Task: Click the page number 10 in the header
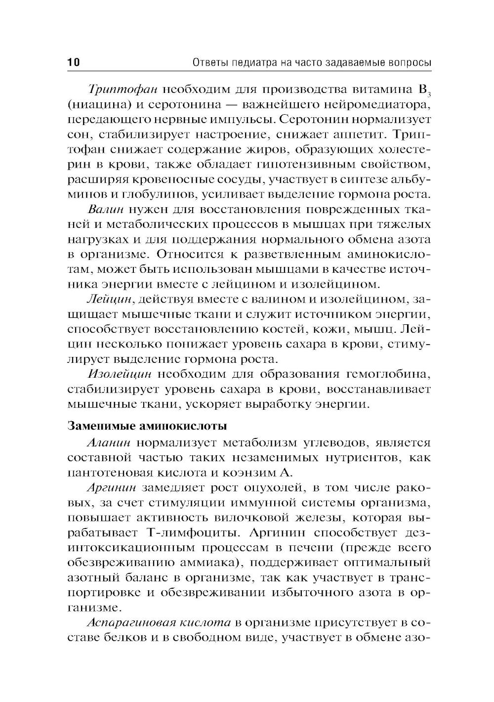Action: [73, 63]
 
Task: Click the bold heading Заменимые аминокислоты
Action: [147, 426]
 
